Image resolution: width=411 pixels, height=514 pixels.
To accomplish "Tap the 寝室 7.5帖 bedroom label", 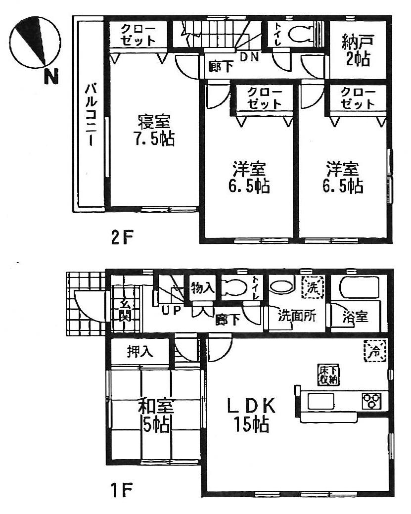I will pos(154,130).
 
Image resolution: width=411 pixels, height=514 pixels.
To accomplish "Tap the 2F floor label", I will pos(122,238).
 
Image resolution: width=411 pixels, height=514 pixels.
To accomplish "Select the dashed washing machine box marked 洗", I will pos(313,287).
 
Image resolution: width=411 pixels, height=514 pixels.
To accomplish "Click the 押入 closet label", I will pos(140,352).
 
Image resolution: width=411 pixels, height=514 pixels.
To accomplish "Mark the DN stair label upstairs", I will pos(249,56).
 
